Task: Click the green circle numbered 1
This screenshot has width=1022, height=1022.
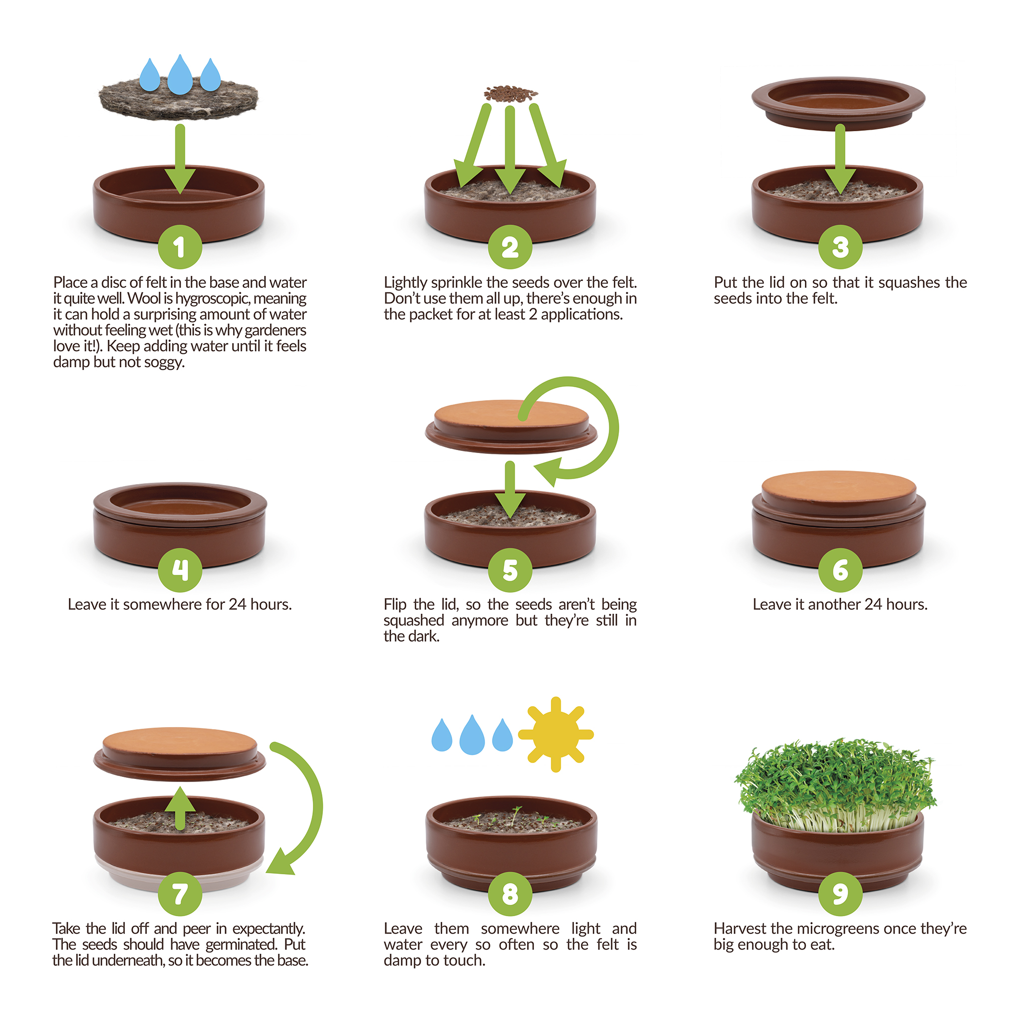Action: pos(180,247)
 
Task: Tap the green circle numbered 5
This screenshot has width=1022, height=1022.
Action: pos(510,570)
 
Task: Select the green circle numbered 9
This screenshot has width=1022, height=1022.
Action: pos(840,894)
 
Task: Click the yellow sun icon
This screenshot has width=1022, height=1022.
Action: pos(555,734)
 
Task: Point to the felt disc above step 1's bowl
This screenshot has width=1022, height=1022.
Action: pos(179,98)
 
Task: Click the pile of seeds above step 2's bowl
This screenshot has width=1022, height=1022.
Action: pos(511,94)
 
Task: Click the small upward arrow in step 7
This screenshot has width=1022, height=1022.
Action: pos(180,807)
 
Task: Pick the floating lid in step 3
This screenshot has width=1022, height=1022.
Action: pos(838,104)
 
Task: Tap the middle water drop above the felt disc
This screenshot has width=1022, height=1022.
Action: pos(180,75)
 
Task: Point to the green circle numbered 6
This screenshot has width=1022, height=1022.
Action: pos(840,570)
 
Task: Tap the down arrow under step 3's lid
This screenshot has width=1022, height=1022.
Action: pos(840,159)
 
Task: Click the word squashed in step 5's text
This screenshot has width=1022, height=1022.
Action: pos(414,621)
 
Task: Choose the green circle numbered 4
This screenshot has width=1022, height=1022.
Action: pos(180,570)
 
